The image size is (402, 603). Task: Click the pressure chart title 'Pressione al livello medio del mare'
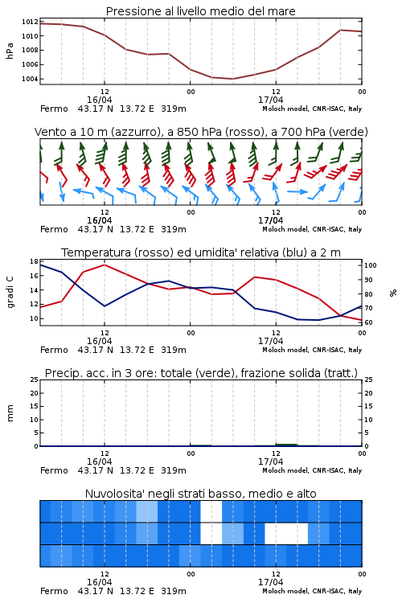200,11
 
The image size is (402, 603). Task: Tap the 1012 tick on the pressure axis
30,22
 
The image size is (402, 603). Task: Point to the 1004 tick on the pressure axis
30,79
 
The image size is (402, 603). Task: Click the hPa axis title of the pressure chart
10,51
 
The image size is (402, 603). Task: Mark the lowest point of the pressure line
232,79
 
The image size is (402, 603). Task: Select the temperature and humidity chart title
201,252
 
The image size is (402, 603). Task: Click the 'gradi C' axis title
10,293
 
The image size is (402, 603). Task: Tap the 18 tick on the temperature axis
34,261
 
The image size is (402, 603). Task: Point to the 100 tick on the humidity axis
371,265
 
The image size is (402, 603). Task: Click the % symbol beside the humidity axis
393,293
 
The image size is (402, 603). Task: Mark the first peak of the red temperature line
105,265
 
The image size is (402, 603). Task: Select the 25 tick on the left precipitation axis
34,379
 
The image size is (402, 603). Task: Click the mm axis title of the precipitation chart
10,413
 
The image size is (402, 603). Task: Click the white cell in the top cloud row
211,511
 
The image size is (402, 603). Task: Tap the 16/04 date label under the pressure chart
99,100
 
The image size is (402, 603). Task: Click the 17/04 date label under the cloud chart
270,582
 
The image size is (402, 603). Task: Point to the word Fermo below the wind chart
54,230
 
